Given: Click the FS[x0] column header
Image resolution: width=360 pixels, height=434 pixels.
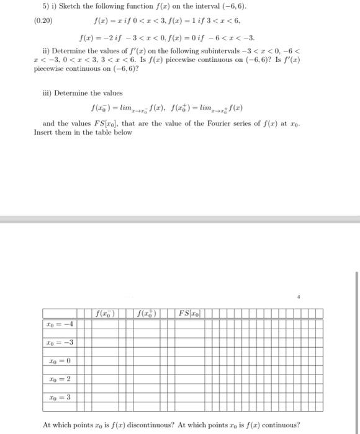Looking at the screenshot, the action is pos(189,311).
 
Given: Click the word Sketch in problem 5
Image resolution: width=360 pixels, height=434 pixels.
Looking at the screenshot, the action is pos(59,10).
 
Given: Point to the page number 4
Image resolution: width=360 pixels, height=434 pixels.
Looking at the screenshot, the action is pos(298,296).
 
